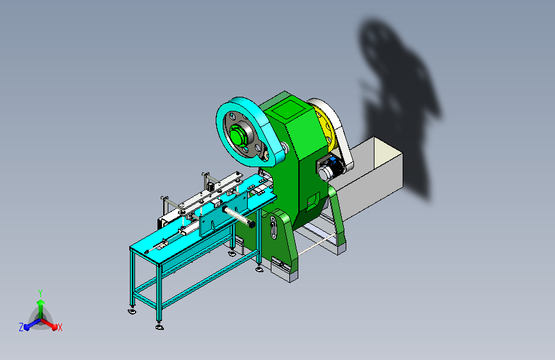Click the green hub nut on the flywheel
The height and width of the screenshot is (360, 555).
pos(236,135)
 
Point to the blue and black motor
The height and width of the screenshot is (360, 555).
pos(332,168)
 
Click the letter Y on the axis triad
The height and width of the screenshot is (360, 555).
pos(40,293)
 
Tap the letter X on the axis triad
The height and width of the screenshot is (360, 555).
pos(60,328)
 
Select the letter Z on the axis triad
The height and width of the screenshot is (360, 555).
pos(21,327)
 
